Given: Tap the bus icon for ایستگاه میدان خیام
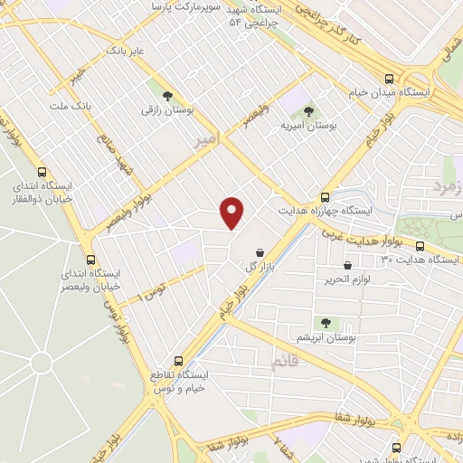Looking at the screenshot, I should pos(389,79).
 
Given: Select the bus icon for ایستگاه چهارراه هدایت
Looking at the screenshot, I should pos(326,197).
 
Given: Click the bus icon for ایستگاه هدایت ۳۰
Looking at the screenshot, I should pos(419,247).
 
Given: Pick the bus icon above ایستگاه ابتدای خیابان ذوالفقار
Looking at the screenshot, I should pos(42,172).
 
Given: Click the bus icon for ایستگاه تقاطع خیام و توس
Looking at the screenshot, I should pos(178,359).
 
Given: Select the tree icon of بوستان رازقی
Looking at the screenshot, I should pos(166,95).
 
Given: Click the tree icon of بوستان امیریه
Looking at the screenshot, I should pos(309,111).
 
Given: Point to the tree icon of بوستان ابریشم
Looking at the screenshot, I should pos(326,323).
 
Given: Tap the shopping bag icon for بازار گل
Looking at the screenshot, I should pos(260,252).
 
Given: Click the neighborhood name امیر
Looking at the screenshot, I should pos(206,140).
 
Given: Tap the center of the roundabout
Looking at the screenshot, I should pos(41,364).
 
